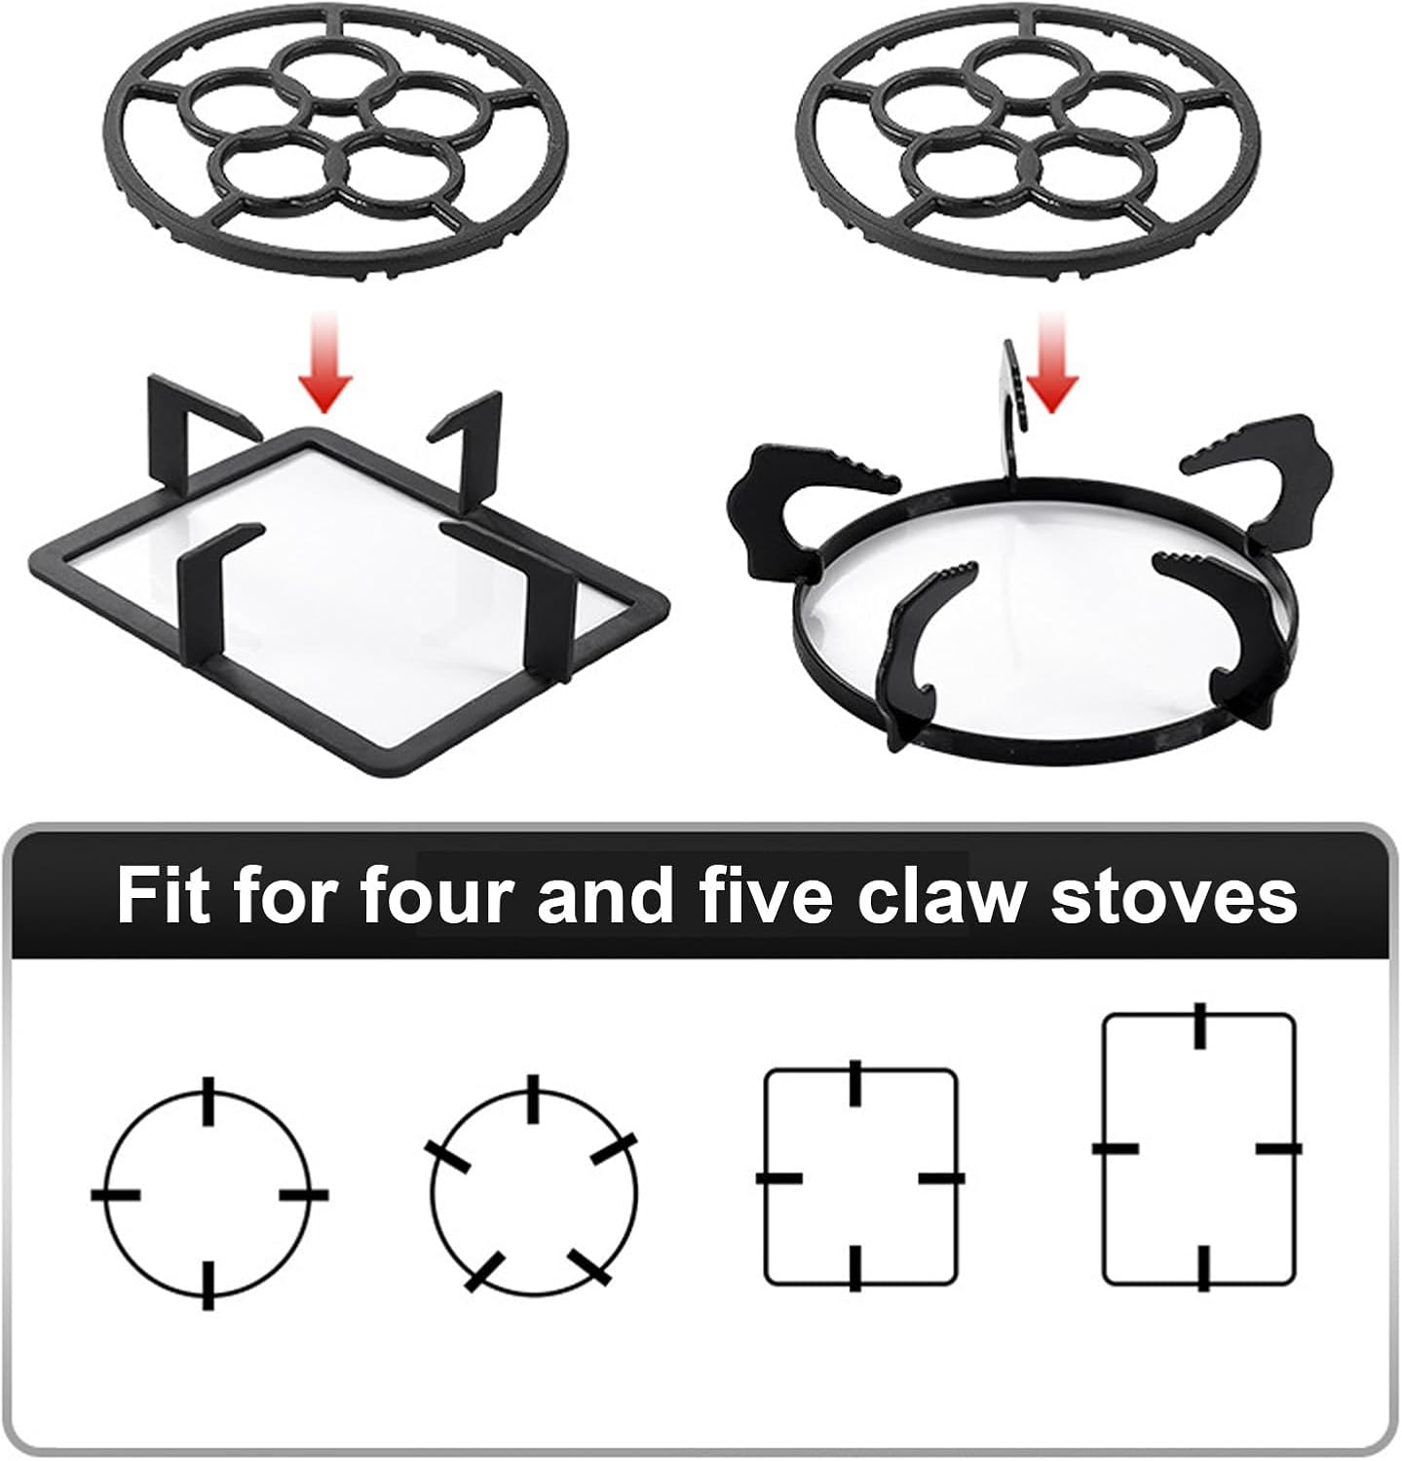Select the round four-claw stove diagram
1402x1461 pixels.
208,1194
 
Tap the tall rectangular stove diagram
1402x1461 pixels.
1198,1149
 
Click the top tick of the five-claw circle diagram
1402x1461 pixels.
532,1100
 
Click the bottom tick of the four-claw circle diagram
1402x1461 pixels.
208,1285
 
